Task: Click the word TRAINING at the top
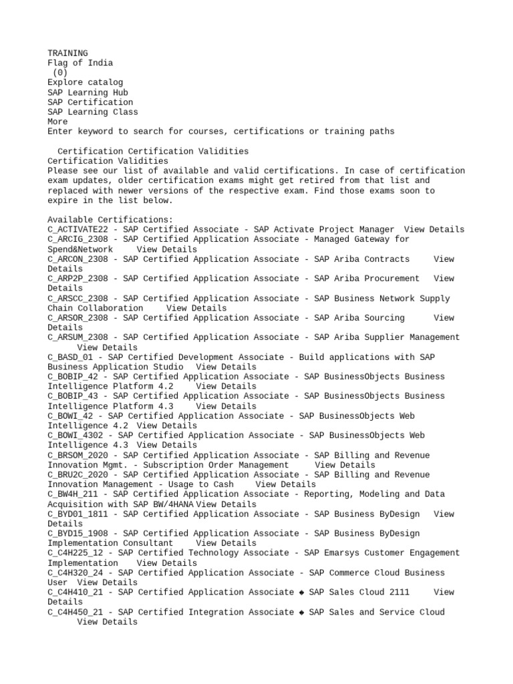67,53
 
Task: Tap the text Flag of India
80,63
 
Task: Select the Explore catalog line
85,82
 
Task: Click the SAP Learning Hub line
88,92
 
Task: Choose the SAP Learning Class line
93,112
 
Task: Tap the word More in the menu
57,122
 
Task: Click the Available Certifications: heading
110,220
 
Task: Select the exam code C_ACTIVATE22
77,229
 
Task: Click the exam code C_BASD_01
70,357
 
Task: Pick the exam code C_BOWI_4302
75,436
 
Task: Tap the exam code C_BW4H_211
72,494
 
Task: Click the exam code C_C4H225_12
75,553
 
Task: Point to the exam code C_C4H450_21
75,612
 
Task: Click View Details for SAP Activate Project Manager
434,229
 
